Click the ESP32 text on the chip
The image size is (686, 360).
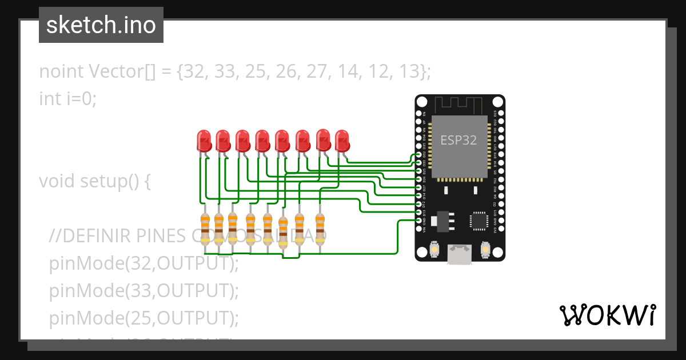[x=458, y=140]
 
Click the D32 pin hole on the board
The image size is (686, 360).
[x=419, y=155]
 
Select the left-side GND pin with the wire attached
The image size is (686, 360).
[x=419, y=221]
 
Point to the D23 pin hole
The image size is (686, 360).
[x=501, y=113]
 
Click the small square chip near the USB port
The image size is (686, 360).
[x=478, y=220]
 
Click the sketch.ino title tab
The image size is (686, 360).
[x=101, y=25]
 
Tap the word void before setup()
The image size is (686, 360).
[x=57, y=181]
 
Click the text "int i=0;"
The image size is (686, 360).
[x=68, y=98]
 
